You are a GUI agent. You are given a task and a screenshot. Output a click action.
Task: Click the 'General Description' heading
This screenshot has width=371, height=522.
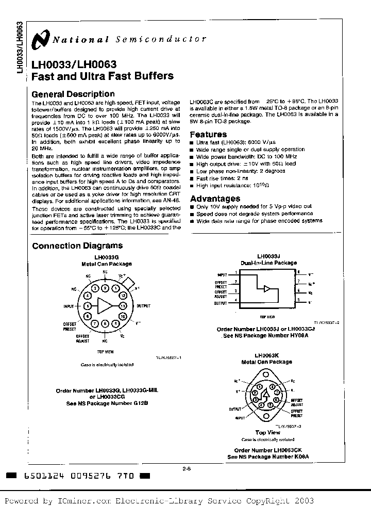coord(73,94)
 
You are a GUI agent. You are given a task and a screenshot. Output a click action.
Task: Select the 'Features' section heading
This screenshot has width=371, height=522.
coord(209,134)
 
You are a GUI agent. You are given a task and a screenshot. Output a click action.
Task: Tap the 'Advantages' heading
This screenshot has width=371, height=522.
coord(215,199)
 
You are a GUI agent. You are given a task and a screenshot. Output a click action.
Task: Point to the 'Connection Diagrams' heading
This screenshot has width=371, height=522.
coord(77,246)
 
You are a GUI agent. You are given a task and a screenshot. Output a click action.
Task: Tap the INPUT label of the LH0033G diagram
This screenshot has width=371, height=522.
coord(69,306)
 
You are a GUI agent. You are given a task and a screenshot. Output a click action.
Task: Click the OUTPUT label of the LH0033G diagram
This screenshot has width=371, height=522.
coord(143,306)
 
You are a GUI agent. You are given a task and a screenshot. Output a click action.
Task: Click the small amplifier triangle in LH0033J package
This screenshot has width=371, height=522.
coord(266,289)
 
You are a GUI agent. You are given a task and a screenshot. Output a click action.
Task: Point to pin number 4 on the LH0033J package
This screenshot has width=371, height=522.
coord(236,300)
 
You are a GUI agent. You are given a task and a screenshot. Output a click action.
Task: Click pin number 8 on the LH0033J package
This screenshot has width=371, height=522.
coord(297,272)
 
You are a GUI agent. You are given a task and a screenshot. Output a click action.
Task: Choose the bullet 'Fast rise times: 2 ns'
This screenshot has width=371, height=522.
coord(224,178)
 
